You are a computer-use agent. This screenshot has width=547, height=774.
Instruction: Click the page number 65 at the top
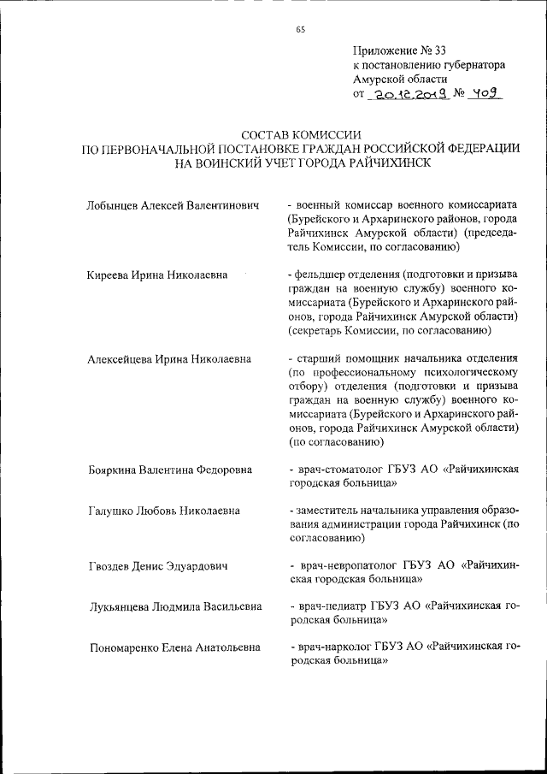point(300,29)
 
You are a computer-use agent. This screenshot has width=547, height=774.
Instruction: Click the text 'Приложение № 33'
point(398,49)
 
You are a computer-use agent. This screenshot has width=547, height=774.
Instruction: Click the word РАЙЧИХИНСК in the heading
point(383,162)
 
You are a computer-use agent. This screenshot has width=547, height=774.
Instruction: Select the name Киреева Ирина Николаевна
point(157,275)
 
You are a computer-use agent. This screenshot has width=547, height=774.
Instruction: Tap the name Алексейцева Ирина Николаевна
point(169,359)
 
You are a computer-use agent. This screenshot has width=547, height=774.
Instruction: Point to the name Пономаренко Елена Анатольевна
point(174,648)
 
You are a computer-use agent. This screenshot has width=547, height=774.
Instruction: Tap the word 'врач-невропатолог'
point(344,566)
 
